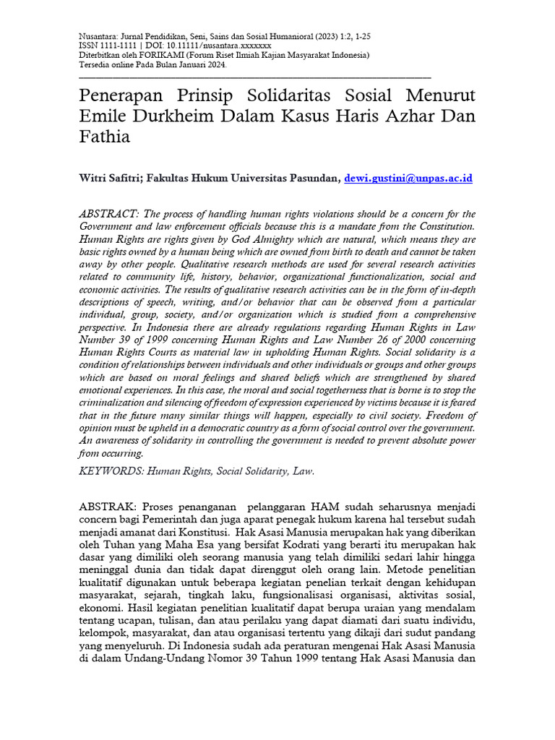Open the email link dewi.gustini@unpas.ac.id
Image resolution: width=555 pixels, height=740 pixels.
point(408,177)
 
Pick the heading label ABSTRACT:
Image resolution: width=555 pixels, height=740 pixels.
point(108,214)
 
